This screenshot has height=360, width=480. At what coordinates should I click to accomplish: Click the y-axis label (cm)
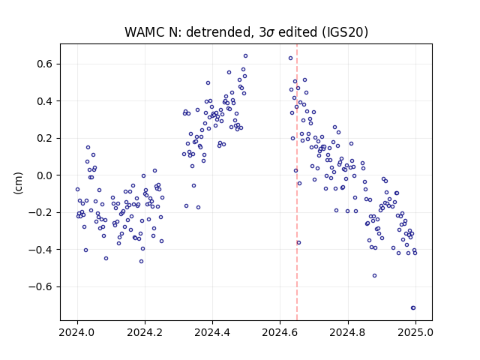[18, 183]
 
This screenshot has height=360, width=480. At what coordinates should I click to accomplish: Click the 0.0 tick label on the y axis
[45, 175]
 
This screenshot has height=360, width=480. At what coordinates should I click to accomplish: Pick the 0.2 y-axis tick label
[45, 138]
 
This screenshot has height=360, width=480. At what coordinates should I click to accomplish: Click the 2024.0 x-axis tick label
[77, 332]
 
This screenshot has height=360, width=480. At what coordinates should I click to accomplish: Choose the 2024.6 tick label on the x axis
[280, 332]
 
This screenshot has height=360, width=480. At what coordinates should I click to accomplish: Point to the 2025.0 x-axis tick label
[415, 332]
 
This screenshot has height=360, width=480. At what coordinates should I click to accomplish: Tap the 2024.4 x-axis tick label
[212, 332]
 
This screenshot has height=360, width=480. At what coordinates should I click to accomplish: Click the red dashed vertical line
[297, 182]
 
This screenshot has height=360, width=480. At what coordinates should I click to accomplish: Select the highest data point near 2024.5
[245, 56]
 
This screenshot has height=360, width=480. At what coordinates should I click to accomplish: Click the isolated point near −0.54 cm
[374, 276]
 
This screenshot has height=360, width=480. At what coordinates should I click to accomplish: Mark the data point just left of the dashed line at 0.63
[290, 58]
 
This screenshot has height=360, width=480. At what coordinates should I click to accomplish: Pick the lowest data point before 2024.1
[106, 258]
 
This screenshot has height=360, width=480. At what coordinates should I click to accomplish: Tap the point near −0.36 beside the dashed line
[298, 243]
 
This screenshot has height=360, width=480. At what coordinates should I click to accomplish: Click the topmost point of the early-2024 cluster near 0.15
[88, 148]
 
